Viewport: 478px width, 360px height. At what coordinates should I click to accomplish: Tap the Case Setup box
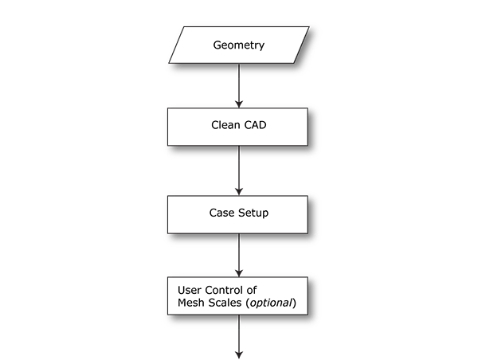tap(238, 213)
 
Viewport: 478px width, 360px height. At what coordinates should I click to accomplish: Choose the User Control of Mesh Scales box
tap(238, 296)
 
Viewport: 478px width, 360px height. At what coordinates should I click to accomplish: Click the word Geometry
tap(238, 45)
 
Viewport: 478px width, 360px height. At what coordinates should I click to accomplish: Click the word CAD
tap(254, 125)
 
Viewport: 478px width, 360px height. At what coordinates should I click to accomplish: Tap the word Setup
tap(253, 213)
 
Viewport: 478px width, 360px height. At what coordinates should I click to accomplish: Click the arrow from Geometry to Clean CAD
tap(238, 84)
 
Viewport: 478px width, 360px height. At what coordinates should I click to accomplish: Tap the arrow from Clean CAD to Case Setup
tap(238, 169)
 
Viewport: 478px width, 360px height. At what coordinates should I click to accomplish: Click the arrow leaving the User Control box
tap(238, 338)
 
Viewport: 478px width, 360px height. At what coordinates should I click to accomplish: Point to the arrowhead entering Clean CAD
tap(238, 103)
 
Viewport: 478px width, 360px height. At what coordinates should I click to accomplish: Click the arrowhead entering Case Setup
tap(238, 190)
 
